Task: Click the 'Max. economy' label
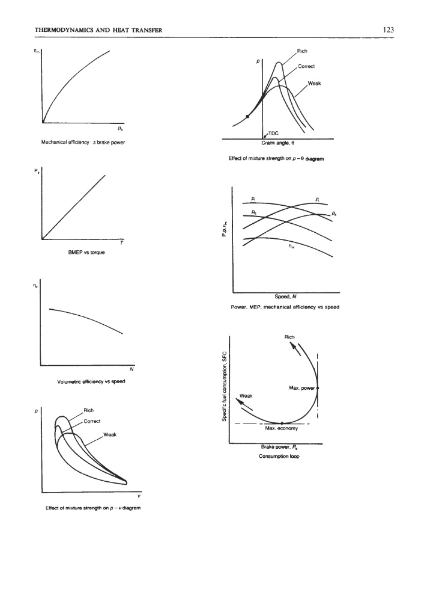pos(282,429)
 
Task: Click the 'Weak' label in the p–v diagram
pos(110,435)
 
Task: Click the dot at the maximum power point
pos(317,389)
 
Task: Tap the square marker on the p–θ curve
pos(247,117)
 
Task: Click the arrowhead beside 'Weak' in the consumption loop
pos(240,404)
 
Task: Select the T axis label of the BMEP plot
pos(122,242)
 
